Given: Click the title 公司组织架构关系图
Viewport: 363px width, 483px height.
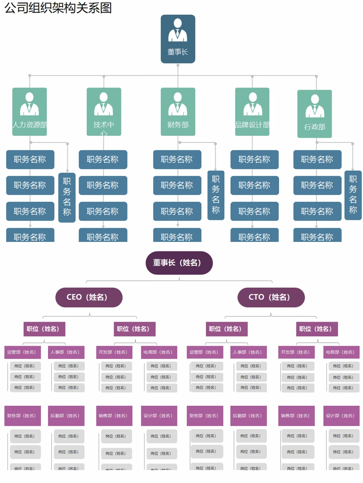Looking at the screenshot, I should [x=58, y=7].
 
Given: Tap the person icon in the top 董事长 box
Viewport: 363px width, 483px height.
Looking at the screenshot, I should [x=178, y=30].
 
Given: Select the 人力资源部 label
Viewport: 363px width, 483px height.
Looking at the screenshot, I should [x=30, y=125].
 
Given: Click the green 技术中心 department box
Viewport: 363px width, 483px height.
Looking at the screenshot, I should [x=104, y=112].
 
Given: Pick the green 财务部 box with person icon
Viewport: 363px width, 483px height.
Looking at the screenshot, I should [x=178, y=112].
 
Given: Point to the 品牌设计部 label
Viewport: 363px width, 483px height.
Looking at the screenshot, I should [x=252, y=125].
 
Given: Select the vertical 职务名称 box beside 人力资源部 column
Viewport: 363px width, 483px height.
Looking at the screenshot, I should [x=67, y=197].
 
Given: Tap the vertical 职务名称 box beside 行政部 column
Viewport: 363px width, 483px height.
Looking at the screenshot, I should [x=353, y=195].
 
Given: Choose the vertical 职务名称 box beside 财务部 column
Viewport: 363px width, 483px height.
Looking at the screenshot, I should [x=216, y=195].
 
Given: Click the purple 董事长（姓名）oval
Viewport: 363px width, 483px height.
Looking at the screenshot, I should [x=179, y=263].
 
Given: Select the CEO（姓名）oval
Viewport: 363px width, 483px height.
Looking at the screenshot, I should [x=89, y=297].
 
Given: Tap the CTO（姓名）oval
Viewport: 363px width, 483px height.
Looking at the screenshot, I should [x=271, y=297].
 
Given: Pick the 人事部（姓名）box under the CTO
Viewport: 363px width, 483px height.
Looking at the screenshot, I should [x=248, y=352].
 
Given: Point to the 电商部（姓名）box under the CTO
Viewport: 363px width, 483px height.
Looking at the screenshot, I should [x=341, y=352].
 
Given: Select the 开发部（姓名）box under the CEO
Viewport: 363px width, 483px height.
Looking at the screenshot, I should [x=114, y=352].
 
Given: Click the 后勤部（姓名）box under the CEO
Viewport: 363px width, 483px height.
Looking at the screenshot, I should [x=66, y=416].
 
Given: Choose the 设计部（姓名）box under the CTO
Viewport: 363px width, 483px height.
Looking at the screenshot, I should [x=341, y=416].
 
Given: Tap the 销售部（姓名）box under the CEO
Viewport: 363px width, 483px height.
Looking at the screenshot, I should [x=114, y=416].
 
